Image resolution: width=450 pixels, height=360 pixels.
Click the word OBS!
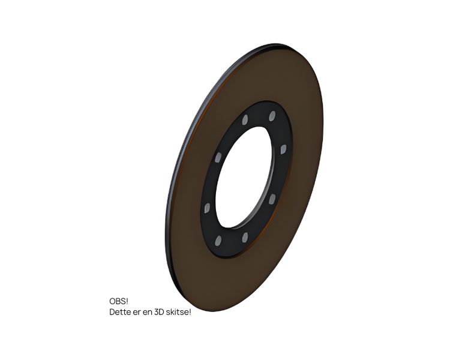tap(119, 301)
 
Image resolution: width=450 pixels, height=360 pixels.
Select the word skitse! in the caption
tap(179, 312)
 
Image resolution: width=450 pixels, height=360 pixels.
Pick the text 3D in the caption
tap(159, 312)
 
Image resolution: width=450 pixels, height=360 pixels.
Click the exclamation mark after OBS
tap(127, 301)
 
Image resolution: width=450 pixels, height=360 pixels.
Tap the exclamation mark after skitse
tap(190, 312)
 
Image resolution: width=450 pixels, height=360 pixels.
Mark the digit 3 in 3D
tap(157, 312)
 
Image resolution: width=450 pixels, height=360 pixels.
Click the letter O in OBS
tap(113, 301)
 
